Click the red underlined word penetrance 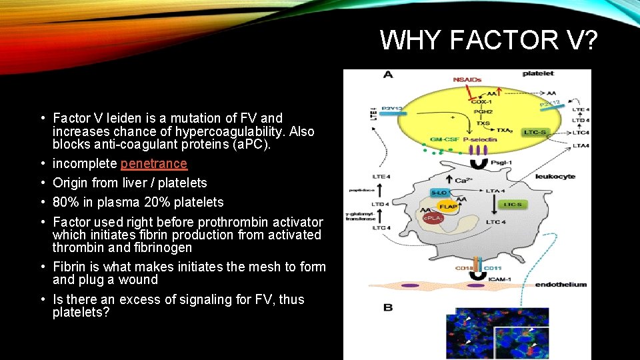tap(153, 163)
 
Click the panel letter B tap(388, 307)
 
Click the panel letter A tap(388, 75)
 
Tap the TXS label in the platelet tap(482, 123)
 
